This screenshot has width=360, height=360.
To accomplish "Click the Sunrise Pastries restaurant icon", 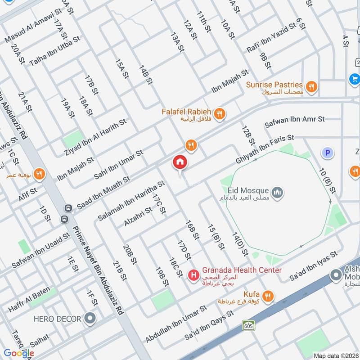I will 310,85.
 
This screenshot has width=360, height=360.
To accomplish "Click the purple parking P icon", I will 327,153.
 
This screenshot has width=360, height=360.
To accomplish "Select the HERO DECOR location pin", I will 90,319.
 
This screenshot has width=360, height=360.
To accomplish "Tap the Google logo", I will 19,353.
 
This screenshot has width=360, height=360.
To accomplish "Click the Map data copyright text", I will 335,356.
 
